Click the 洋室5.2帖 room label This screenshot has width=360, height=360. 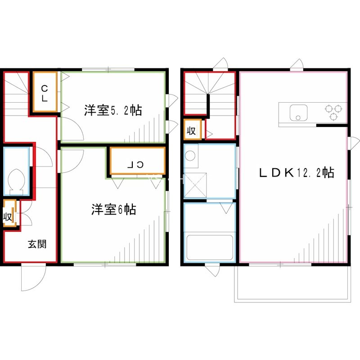click(x=113, y=110)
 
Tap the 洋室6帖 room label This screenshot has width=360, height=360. click(x=114, y=210)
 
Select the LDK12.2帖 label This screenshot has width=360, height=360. click(x=296, y=172)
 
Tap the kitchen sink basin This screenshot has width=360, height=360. click(x=297, y=112)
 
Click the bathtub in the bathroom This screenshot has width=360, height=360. click(x=210, y=247)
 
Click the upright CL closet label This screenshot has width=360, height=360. click(x=45, y=93)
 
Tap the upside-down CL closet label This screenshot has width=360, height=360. click(x=136, y=165)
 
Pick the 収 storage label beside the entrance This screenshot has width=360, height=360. click(x=8, y=216)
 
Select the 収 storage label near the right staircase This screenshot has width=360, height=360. click(x=191, y=131)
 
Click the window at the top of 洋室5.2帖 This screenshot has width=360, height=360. click(x=108, y=69)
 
